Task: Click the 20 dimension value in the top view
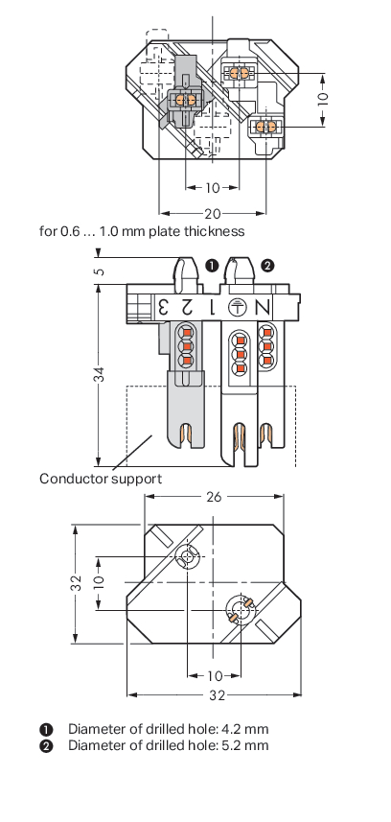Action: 213,213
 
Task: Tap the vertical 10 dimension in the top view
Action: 323,99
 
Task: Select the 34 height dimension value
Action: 99,374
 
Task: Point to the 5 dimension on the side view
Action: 100,271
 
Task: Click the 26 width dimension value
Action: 214,497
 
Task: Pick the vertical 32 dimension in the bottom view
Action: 77,583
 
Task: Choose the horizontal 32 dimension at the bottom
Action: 217,695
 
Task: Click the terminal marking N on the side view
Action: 264,307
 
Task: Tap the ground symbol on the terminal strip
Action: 239,307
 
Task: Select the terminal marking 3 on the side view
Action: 163,307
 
